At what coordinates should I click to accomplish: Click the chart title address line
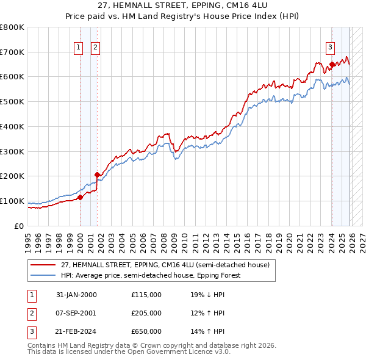tap(183, 5)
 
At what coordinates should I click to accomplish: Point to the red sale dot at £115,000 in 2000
tap(80, 196)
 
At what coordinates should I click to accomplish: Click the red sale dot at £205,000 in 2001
tap(97, 175)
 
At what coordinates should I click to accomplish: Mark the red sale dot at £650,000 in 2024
tap(332, 64)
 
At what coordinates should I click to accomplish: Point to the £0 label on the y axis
tap(18, 226)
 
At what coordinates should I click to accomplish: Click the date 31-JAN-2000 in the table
tap(76, 295)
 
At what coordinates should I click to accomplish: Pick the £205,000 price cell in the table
tap(146, 313)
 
